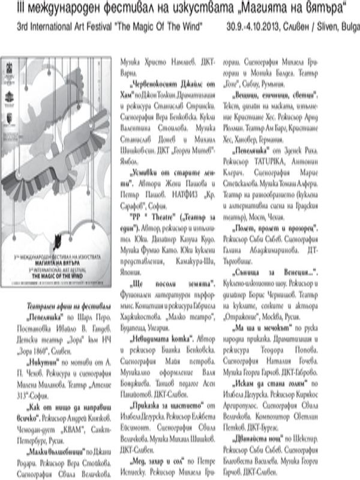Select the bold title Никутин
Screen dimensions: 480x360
coord(44,346)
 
